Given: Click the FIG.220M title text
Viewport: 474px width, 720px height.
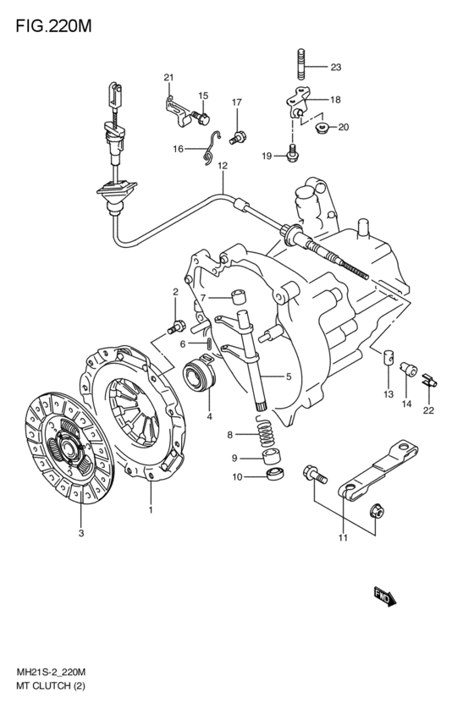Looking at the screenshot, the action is click(53, 26).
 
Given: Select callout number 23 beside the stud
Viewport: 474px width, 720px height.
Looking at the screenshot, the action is click(336, 68).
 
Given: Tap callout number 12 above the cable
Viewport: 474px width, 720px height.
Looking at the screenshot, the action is click(223, 166).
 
